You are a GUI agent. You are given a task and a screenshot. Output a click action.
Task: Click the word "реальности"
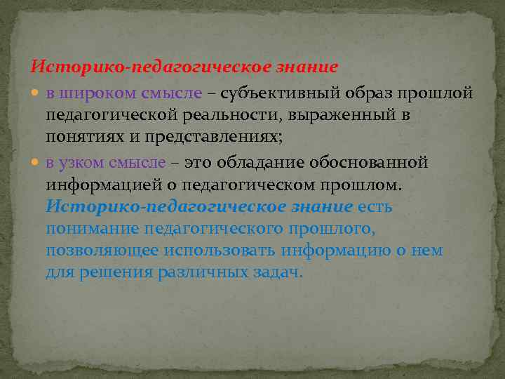coord(206,114)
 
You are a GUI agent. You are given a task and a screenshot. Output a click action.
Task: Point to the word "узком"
coord(83,163)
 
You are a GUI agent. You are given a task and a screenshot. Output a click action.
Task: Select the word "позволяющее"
coord(102,251)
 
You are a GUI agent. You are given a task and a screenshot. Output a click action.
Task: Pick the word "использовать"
coord(221,251)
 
